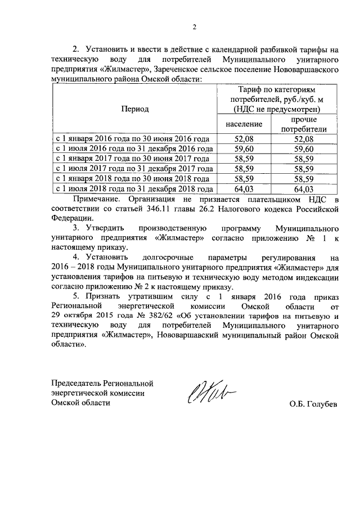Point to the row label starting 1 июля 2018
click(x=133, y=189)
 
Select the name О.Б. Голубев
click(x=313, y=404)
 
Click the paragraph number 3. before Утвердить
click(x=76, y=229)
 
